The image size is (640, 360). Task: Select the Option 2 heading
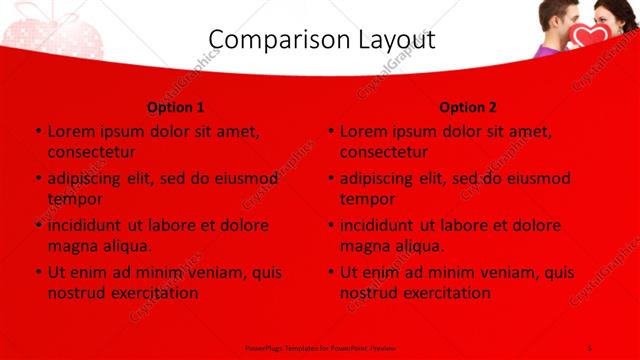pos(467,106)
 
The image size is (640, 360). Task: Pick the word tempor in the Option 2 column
pos(368,198)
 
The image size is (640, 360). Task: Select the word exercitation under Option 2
pos(446,292)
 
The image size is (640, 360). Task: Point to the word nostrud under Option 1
pos(78,292)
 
